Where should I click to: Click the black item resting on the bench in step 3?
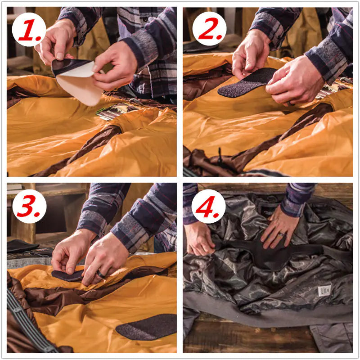(x=22, y=246)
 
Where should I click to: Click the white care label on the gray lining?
(x=324, y=291)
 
